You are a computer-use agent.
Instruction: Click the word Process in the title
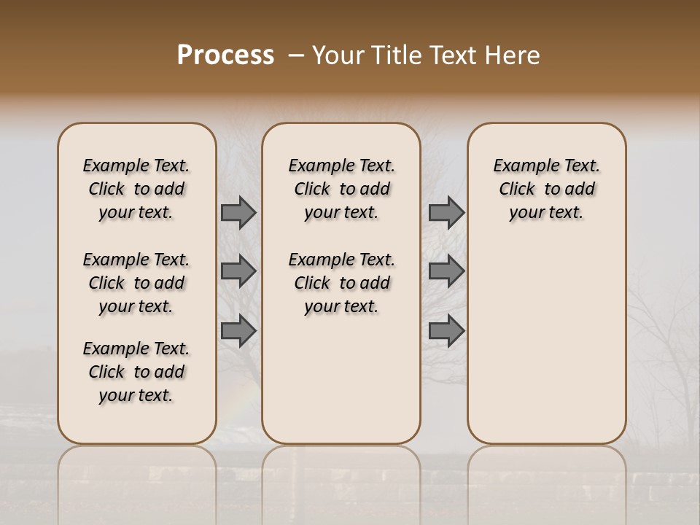tap(225, 55)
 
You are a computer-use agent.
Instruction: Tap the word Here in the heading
tap(514, 55)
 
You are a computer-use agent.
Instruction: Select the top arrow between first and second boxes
tap(238, 213)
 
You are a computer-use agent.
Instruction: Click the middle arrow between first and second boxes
tap(238, 271)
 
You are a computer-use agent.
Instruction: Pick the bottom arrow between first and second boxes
tap(238, 331)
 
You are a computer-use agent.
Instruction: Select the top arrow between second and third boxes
tap(446, 213)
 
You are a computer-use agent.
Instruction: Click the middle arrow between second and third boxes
tap(446, 271)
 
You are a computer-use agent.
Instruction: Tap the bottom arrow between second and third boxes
tap(446, 331)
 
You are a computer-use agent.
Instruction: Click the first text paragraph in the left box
tap(136, 189)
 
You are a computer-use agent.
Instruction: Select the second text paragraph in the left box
tap(136, 283)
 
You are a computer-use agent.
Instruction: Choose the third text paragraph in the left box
tap(136, 372)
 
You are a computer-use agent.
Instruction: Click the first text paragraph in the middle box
tap(341, 189)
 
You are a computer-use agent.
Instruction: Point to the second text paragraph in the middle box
tap(341, 283)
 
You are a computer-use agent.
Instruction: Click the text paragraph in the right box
tap(547, 189)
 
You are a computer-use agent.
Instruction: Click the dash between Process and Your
tap(295, 56)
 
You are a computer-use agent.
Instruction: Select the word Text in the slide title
tap(456, 55)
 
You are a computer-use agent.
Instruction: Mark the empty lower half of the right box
tap(547, 350)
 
